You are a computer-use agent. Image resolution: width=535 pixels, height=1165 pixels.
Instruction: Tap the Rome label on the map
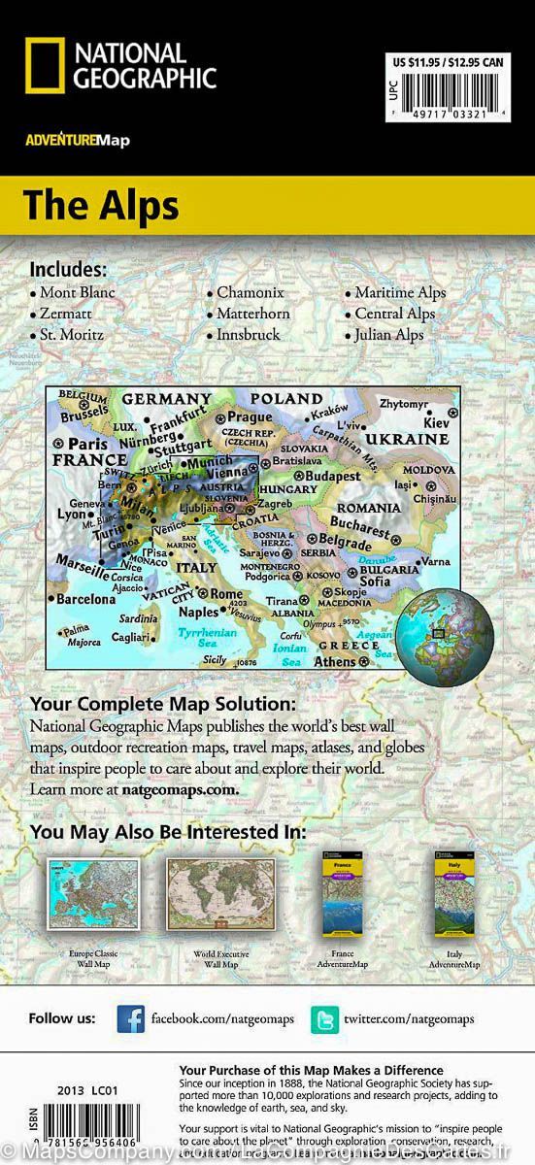pyautogui.click(x=226, y=594)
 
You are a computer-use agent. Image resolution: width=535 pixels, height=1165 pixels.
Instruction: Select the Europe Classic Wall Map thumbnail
pyautogui.click(x=93, y=894)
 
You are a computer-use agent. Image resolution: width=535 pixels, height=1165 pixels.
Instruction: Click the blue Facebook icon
pyautogui.click(x=130, y=1018)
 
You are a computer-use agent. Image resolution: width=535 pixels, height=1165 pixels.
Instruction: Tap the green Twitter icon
pyautogui.click(x=324, y=1018)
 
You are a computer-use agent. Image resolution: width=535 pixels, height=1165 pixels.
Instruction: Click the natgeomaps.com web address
pyautogui.click(x=192, y=789)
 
